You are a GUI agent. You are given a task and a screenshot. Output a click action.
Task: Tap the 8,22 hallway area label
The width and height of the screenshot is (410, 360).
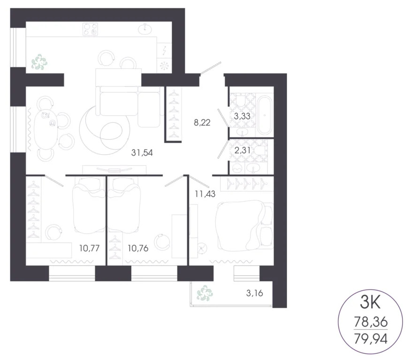(x=202, y=124)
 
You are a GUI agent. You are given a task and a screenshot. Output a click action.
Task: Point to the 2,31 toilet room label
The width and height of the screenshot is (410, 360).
(x=242, y=150)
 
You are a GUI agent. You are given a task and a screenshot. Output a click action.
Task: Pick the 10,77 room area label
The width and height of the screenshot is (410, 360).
(x=89, y=248)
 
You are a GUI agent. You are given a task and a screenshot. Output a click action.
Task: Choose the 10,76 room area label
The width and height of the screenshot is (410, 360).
(x=138, y=248)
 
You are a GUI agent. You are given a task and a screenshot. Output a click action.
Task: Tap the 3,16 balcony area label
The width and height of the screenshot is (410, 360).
(x=254, y=294)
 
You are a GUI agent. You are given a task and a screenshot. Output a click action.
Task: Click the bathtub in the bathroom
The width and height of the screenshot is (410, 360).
(x=264, y=113)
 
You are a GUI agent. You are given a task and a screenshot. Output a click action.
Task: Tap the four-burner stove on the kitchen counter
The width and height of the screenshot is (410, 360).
(x=90, y=30)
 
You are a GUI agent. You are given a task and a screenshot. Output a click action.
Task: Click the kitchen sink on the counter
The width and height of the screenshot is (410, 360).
(x=147, y=30)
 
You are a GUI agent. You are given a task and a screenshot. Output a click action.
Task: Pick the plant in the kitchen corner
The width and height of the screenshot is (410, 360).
(x=39, y=62)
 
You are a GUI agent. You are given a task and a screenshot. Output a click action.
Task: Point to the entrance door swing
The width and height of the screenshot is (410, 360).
(x=211, y=68)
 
